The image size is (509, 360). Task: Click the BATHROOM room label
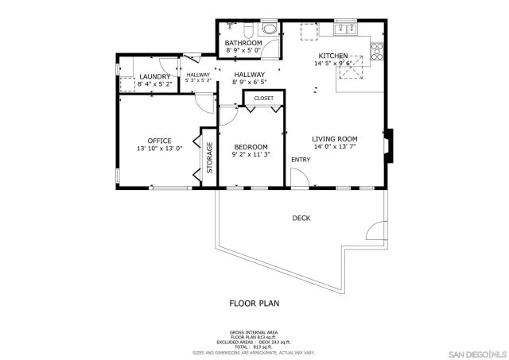(x=243, y=43)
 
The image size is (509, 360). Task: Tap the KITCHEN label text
(x=332, y=56)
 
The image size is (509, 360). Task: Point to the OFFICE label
(x=159, y=141)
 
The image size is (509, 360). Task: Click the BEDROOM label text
(x=250, y=146)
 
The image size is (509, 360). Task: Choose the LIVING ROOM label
(x=334, y=137)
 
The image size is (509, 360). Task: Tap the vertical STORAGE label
(x=210, y=157)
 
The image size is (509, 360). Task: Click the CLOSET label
(x=264, y=99)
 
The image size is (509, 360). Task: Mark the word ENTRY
(x=301, y=160)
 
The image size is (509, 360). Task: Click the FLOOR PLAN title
(x=254, y=303)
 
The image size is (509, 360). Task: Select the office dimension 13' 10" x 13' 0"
(x=159, y=149)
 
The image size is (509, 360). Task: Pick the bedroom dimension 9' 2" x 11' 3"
(x=250, y=155)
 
